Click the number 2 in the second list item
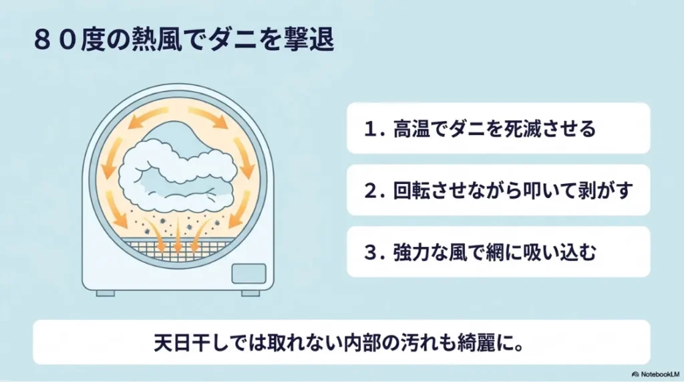pyautogui.click(x=370, y=191)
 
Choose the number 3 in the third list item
pyautogui.click(x=370, y=253)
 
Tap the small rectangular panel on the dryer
pyautogui.click(x=248, y=274)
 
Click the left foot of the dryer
pyautogui.click(x=106, y=294)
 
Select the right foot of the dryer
pyautogui.click(x=250, y=294)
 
